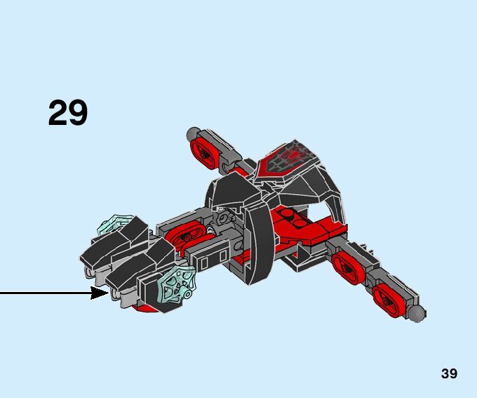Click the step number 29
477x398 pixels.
pyautogui.click(x=68, y=113)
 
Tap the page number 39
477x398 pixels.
pyautogui.click(x=449, y=373)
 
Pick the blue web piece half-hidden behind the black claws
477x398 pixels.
pyautogui.click(x=112, y=227)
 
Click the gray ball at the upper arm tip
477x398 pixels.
pyautogui.click(x=194, y=133)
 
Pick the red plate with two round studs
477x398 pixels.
pyautogui.click(x=292, y=219)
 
